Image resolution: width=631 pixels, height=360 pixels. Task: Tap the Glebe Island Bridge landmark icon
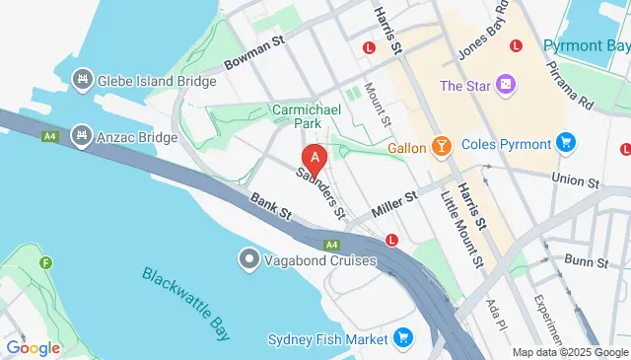(x=82, y=80)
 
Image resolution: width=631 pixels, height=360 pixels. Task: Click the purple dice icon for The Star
(x=506, y=86)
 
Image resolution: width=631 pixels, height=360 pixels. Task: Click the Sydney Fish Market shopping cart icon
(x=401, y=339)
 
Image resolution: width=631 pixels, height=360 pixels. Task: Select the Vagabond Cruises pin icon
(x=248, y=259)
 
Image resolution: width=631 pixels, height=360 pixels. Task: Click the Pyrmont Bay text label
(x=586, y=46)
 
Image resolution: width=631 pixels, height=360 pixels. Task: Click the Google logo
(x=34, y=347)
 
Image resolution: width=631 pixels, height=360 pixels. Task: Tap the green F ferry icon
(x=45, y=263)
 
